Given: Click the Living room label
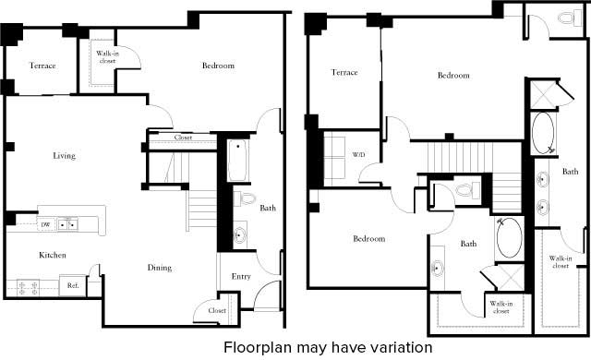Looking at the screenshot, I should click(64, 156).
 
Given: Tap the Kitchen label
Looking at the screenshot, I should click(52, 255).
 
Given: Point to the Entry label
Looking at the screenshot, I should click(240, 275).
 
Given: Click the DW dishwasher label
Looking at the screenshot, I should click(45, 224).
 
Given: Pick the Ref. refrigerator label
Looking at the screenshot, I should click(71, 285).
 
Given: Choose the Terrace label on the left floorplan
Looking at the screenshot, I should click(42, 66).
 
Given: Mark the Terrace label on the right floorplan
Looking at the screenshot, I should click(344, 72).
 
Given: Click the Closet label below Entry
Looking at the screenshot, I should click(218, 311).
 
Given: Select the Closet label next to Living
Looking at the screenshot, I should click(184, 138).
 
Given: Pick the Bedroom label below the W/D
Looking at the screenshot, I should click(368, 239).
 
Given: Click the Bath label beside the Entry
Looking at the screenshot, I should click(268, 209).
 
